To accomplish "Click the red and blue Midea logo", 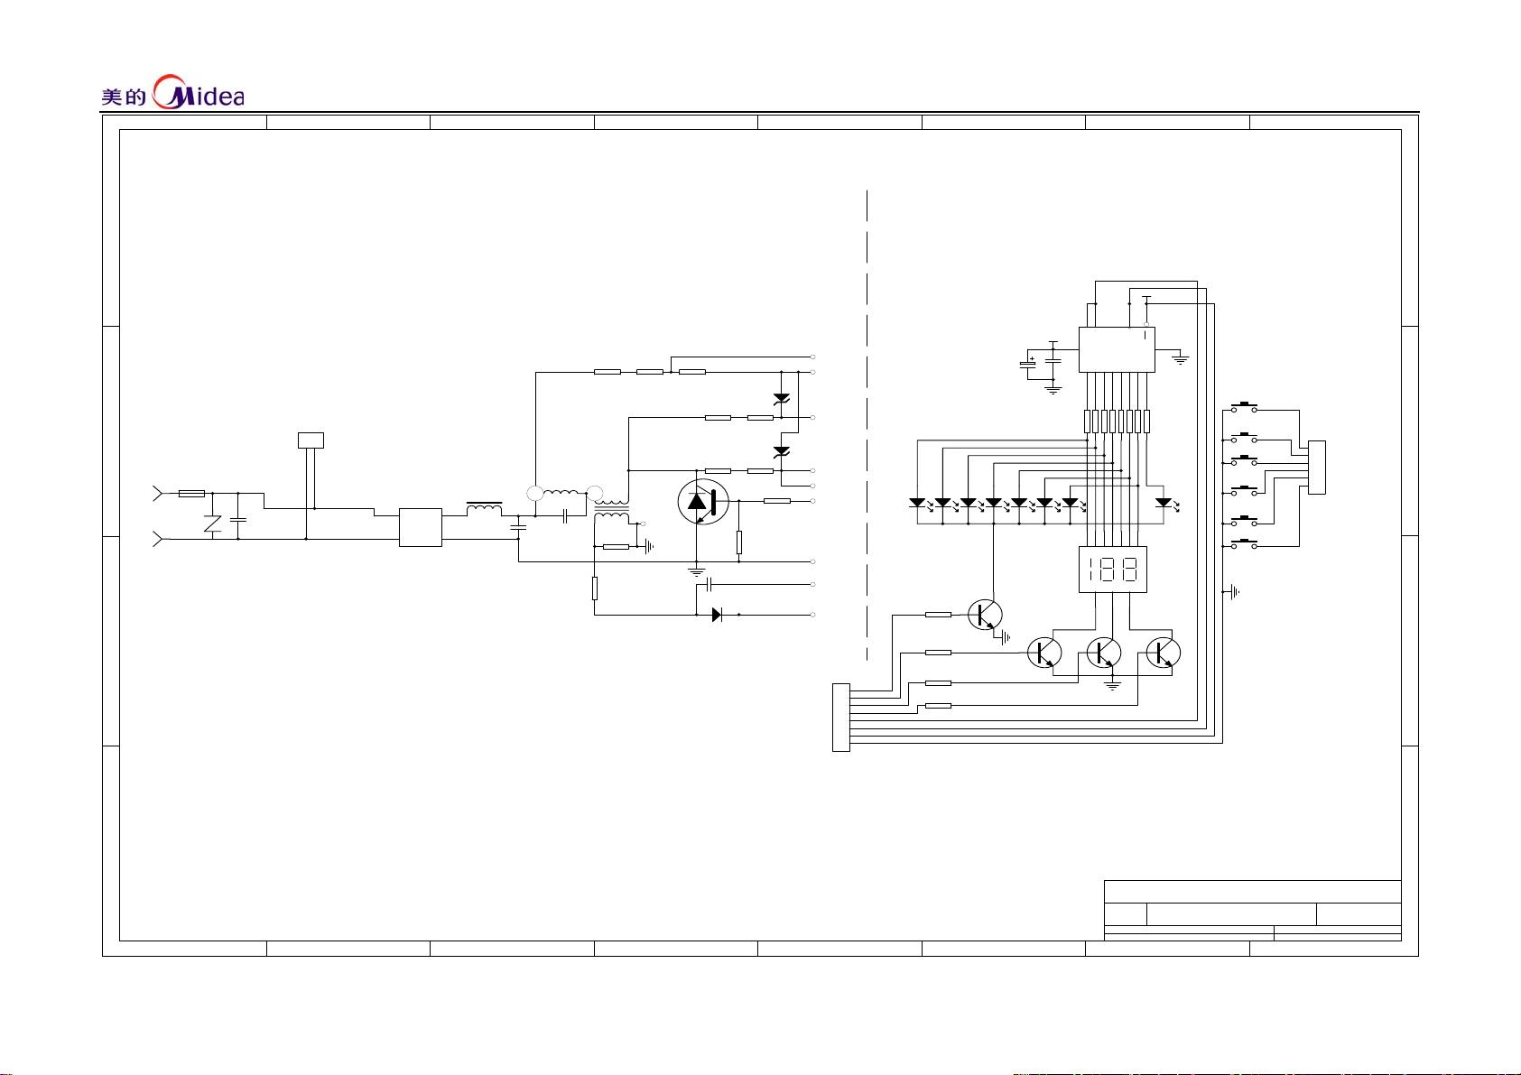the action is point(198,92).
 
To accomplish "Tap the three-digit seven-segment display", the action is point(1112,569).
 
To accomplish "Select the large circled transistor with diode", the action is point(703,502).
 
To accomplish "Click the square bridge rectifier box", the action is point(421,527).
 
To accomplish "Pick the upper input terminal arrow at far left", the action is point(158,494).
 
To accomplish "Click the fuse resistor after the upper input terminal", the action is point(191,494).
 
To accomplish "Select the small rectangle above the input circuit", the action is point(311,440).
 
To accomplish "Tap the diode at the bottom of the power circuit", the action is point(717,615).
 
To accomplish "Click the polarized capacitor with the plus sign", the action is point(1028,365).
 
